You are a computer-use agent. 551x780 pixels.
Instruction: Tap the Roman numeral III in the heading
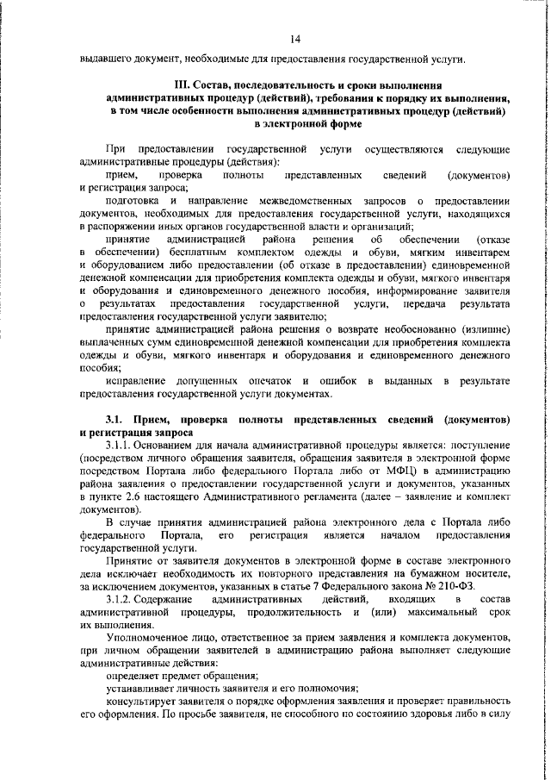(x=182, y=86)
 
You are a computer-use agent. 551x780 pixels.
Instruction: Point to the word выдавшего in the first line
(x=106, y=59)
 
